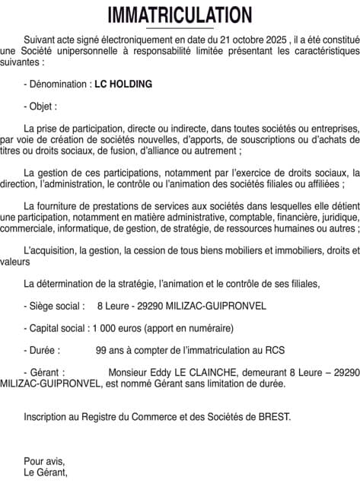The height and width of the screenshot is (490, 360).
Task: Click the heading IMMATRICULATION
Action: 180,14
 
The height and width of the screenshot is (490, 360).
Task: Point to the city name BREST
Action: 274,417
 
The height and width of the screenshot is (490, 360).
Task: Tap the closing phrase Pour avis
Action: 44,461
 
